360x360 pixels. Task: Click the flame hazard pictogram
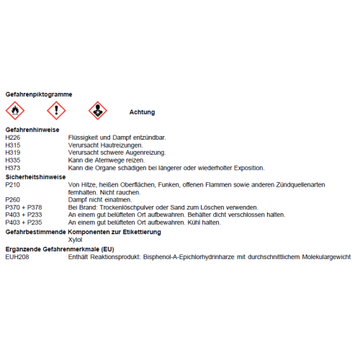15,111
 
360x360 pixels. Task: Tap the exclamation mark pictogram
56,111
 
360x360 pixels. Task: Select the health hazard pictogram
97,111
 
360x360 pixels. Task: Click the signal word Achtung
142,112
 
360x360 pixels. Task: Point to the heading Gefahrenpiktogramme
38,94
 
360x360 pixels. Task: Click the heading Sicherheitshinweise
35,176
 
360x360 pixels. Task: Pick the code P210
13,184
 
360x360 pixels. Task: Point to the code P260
13,199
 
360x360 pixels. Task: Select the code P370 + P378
24,207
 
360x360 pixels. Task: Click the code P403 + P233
24,215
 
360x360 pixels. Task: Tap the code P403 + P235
24,223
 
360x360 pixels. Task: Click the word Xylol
76,240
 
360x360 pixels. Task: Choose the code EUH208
17,256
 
